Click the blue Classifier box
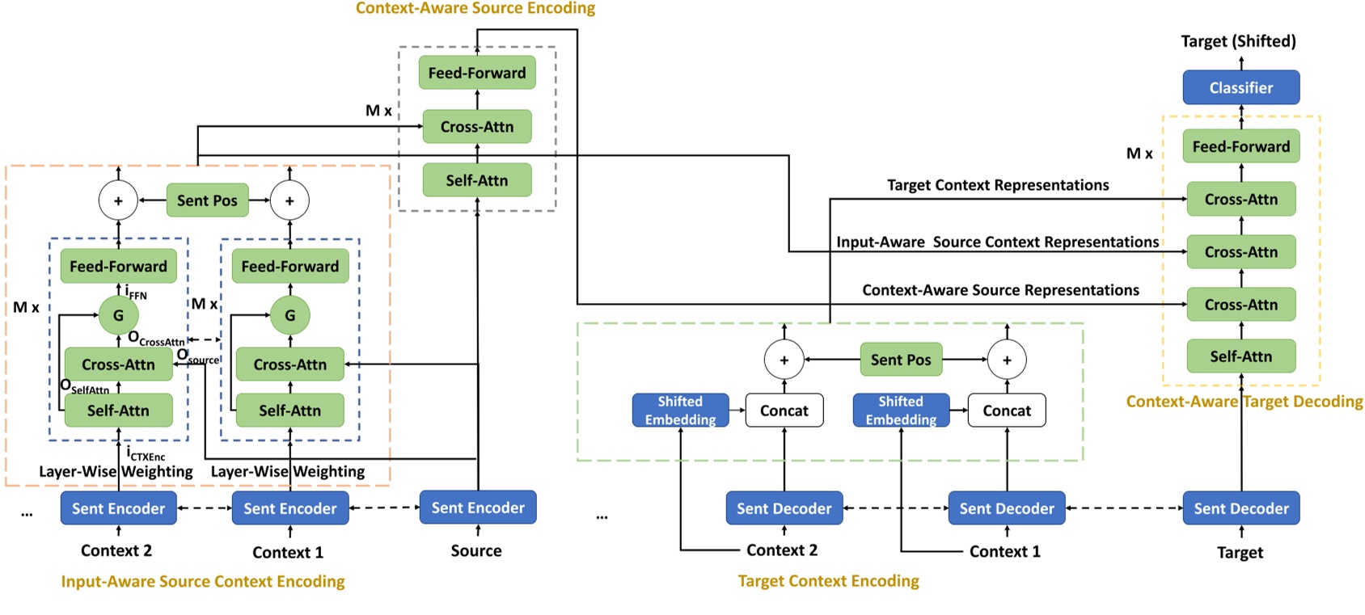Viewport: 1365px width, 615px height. pos(1240,87)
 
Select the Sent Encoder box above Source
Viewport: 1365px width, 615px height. pos(477,508)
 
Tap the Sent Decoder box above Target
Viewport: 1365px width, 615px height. pos(1240,508)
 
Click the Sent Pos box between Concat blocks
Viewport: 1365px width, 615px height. pos(900,360)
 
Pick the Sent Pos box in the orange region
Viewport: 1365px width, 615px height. pos(207,200)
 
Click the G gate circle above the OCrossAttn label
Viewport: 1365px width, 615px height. pos(118,315)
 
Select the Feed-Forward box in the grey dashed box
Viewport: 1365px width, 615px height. pos(476,73)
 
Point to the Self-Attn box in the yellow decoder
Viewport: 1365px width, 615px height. pos(1240,356)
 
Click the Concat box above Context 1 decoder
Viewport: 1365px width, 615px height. pos(1006,411)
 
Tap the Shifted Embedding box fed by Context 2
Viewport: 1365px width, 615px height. pos(680,411)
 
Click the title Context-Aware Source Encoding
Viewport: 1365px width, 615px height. pos(475,8)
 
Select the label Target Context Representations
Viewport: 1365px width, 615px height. pos(997,185)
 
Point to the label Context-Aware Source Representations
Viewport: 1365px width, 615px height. pos(1000,290)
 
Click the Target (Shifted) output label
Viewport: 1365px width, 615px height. pos(1238,41)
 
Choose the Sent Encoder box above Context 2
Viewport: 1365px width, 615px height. pos(118,508)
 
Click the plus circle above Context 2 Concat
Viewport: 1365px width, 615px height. pos(784,360)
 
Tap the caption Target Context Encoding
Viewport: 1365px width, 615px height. pos(828,581)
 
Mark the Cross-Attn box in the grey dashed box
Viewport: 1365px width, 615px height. pos(476,127)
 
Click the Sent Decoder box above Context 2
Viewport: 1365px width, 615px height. pos(784,508)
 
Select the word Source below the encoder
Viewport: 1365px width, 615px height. pos(476,551)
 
